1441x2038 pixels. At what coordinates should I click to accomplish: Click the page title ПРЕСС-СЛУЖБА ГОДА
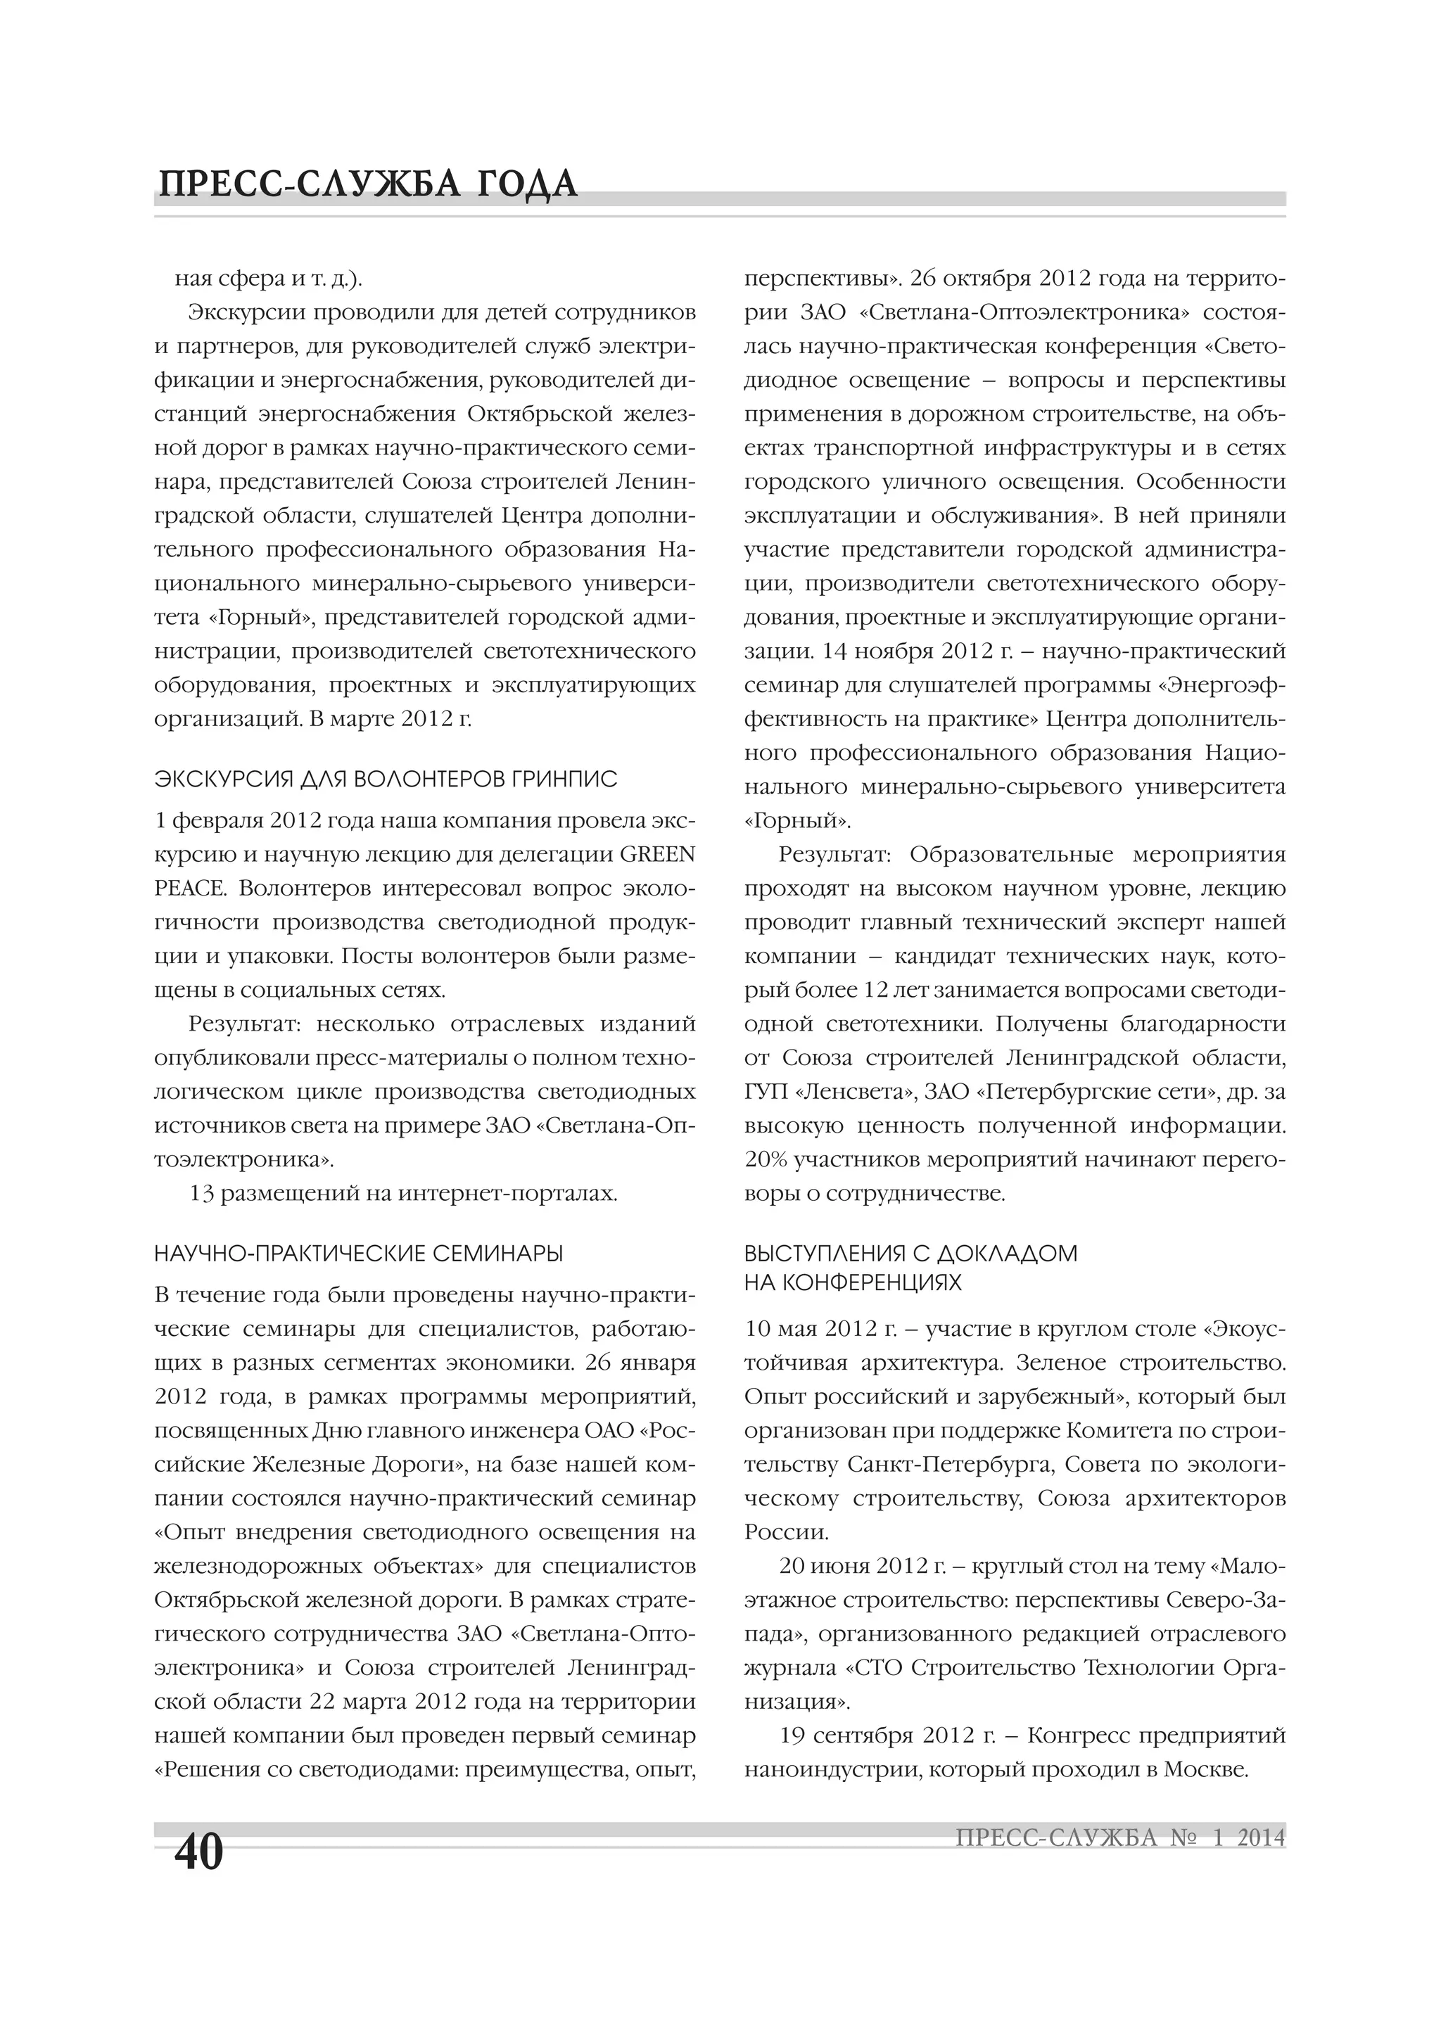[367, 184]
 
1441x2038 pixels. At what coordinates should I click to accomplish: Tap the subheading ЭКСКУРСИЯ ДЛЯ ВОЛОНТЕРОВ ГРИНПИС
[386, 780]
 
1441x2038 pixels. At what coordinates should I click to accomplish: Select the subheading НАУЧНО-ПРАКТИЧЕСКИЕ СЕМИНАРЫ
[359, 1254]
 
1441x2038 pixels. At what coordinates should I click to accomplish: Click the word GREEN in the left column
[657, 855]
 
